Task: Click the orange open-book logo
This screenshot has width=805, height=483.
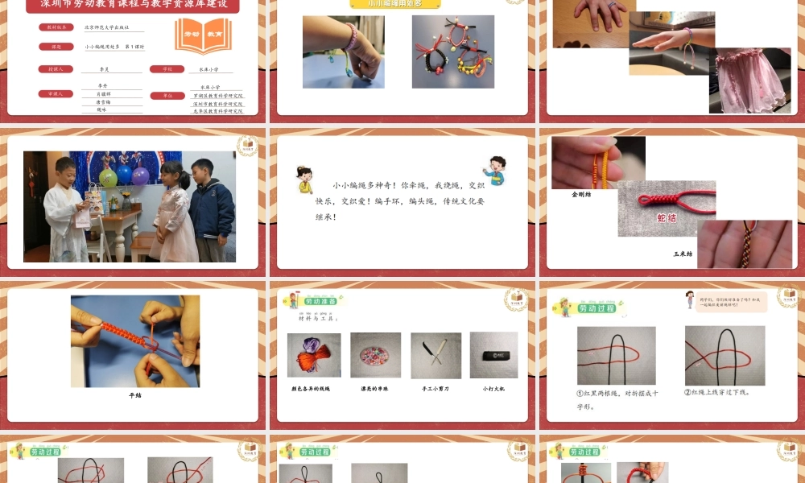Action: point(203,36)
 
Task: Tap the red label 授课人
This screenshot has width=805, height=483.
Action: point(56,69)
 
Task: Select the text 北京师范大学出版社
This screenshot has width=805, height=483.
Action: point(108,27)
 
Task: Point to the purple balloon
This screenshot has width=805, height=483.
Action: point(141,175)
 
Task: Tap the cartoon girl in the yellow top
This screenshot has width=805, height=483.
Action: point(305,180)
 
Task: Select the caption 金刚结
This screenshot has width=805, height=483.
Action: point(581,194)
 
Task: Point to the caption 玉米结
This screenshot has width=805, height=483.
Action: point(683,254)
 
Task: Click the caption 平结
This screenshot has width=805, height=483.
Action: point(134,395)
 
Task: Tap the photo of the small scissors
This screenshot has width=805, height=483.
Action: point(436,355)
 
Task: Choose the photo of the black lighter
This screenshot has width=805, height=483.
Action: point(493,354)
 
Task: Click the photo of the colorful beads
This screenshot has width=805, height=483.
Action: point(375,355)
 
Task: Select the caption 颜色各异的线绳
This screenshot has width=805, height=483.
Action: point(310,389)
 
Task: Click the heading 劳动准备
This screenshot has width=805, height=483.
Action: point(322,302)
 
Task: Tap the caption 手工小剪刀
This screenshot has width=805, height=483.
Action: point(436,389)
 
